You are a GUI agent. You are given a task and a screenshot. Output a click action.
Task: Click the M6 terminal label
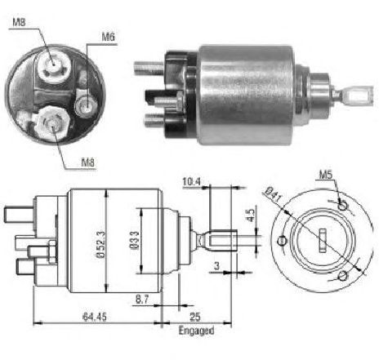[109, 37]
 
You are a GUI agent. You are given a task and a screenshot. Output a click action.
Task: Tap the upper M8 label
[19, 22]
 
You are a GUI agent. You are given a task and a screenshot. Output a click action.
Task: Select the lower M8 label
[88, 162]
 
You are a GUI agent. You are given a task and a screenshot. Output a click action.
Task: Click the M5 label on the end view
[326, 175]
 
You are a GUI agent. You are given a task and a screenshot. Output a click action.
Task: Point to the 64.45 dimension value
[95, 317]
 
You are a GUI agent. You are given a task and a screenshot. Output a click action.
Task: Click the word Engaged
[196, 331]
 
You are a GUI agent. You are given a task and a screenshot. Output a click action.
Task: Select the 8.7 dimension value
[142, 300]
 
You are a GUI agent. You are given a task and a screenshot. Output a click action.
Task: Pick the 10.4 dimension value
[192, 181]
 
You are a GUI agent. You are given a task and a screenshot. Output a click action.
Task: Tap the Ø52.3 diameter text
[100, 244]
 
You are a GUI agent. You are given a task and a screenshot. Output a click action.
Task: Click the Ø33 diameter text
[135, 240]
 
